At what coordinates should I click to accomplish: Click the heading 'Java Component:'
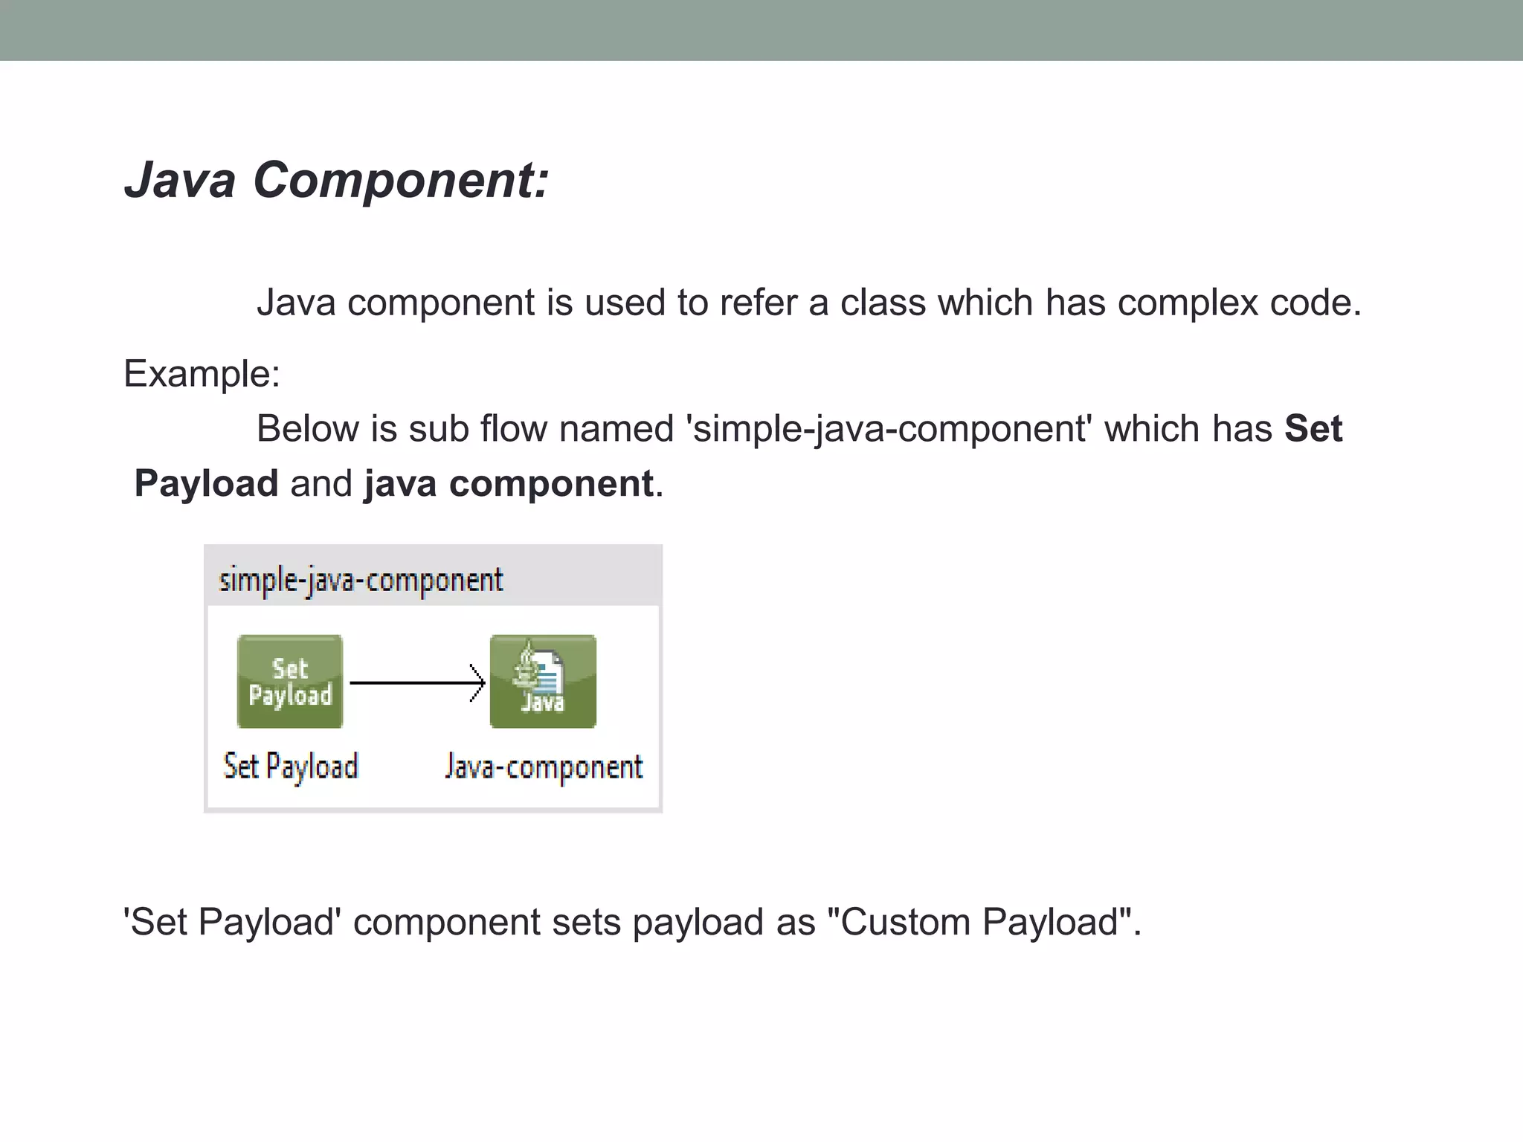pos(336,180)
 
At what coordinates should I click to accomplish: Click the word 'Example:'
pos(202,373)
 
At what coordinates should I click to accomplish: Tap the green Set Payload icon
pos(290,681)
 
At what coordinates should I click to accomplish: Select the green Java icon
pos(543,681)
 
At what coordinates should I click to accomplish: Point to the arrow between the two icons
pos(416,683)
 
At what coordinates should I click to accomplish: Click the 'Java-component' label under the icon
pos(544,767)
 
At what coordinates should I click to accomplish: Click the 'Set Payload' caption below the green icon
pos(291,767)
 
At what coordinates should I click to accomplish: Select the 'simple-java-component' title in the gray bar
pos(361,580)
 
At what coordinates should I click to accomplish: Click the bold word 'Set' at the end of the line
pos(1313,429)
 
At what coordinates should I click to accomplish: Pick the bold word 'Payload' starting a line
pos(206,484)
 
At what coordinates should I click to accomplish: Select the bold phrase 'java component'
pos(509,484)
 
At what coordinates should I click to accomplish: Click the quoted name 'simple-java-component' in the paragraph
pos(889,429)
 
